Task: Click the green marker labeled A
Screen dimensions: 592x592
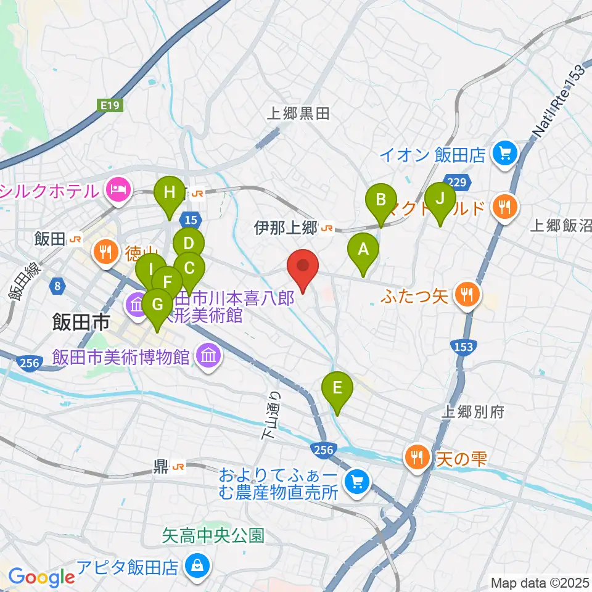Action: [363, 250]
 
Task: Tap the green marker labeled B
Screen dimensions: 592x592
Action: [381, 200]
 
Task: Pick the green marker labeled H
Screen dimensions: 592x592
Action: [170, 192]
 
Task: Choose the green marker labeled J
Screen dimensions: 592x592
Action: [440, 199]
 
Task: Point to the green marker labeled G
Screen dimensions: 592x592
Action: [157, 305]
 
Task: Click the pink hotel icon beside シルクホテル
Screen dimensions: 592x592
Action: [116, 189]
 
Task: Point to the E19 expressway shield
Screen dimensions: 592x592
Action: [111, 106]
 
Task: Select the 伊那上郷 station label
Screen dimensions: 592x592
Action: [285, 228]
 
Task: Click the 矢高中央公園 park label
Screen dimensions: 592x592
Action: [213, 535]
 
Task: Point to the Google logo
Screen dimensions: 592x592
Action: [41, 578]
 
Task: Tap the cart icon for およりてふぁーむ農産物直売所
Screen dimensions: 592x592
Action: [356, 482]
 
